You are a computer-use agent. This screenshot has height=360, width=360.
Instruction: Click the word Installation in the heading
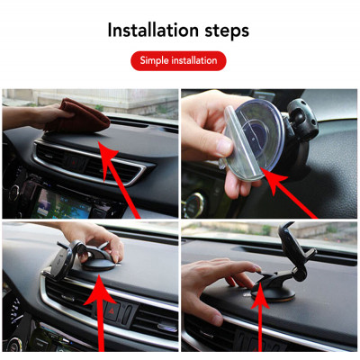[153, 30]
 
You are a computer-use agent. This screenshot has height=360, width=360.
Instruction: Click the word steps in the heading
[227, 31]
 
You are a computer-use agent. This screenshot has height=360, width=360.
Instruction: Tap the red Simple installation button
[178, 61]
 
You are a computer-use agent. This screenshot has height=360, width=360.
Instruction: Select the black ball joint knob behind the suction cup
[302, 120]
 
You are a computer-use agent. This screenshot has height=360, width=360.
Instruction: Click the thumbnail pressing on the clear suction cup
[224, 147]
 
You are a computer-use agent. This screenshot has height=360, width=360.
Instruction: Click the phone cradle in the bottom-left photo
[62, 260]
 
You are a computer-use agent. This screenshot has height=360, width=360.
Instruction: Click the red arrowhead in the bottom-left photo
[100, 290]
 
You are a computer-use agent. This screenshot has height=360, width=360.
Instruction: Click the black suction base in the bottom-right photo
[273, 292]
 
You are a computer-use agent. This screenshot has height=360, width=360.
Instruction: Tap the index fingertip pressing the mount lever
[257, 268]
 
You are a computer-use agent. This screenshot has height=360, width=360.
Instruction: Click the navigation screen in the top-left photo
[61, 205]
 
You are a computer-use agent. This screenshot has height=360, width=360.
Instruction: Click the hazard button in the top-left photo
[75, 163]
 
